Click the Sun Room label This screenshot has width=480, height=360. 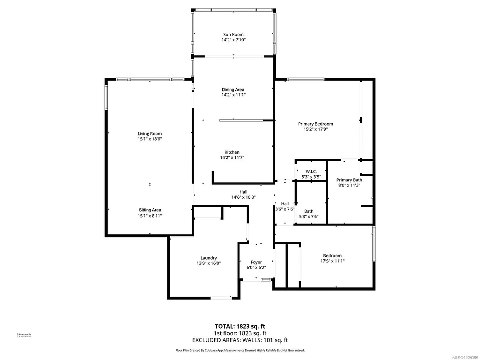[233, 35]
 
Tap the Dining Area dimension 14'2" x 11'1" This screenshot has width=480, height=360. [233, 95]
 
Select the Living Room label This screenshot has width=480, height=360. [150, 134]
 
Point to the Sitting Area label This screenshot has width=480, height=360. [150, 210]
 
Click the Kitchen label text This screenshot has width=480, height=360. [232, 152]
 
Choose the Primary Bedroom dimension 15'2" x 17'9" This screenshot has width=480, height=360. [315, 129]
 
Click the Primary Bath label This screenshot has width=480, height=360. [349, 180]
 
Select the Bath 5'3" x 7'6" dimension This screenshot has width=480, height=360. [308, 217]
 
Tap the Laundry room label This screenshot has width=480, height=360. [209, 258]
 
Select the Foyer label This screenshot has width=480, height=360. [256, 262]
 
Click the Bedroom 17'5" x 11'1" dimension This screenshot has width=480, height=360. [332, 261]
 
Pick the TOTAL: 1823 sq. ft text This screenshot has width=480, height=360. [240, 326]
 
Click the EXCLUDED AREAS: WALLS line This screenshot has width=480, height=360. [240, 340]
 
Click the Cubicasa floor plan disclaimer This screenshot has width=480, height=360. [240, 350]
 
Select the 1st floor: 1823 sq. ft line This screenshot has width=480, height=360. [240, 333]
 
